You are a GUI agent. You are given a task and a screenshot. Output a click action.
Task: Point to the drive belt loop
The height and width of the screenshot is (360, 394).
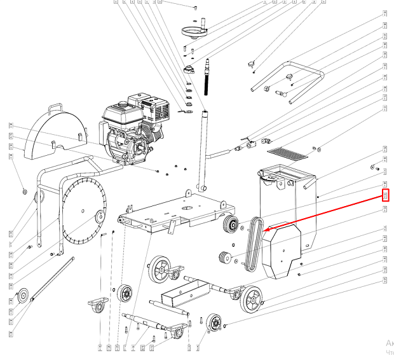coord(253,246)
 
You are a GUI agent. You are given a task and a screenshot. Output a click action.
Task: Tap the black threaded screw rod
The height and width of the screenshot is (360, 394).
coord(207,76)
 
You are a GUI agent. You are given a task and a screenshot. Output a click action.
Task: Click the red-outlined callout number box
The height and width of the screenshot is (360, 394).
coord(384,195)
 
